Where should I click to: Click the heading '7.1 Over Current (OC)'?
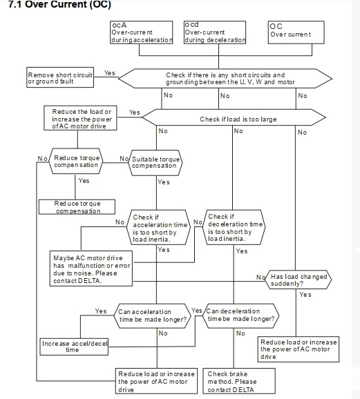pos(60,4)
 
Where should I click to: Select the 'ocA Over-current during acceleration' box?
pos(142,32)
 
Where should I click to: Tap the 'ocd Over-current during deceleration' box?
pos(215,32)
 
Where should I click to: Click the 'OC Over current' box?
pos(296,32)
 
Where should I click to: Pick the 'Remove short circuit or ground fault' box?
pos(60,77)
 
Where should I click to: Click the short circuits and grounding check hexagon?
pos(225,79)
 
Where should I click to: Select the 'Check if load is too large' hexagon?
pos(234,117)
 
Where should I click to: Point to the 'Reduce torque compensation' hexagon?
pos(76,161)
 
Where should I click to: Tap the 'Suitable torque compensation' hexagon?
pos(155,163)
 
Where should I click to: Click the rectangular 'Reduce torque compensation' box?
pos(77,207)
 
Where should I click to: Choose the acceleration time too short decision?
pos(158,227)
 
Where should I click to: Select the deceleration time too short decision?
pos(234,227)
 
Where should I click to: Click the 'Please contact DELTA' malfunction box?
pos(91,269)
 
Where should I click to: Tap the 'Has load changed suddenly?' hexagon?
pos(299,280)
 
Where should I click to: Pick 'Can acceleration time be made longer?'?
pos(152,315)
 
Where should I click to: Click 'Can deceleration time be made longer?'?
pos(240,315)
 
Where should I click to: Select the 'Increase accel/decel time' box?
pos(74,347)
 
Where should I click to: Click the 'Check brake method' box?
pos(239,381)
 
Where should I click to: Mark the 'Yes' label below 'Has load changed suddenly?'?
pos(305,295)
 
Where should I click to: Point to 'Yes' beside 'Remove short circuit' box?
pos(110,73)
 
